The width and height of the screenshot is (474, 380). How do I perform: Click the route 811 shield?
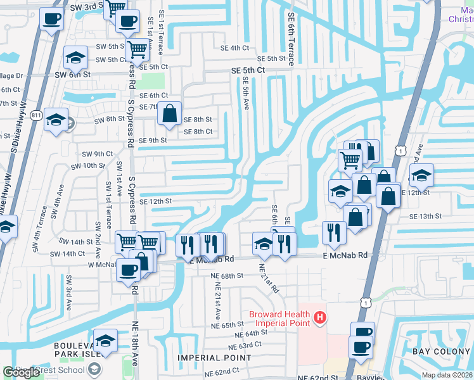pos(37,115)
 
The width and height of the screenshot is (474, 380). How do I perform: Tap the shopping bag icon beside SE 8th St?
pos(170,114)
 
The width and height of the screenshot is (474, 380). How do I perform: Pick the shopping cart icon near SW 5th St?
pos(137,49)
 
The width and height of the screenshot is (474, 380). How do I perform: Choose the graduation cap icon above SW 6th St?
pos(75,58)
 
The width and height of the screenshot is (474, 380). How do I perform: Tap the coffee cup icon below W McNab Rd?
pos(128,270)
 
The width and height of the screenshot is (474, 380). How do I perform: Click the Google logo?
pos(21,372)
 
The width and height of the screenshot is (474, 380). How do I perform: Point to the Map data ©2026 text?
pos(447,375)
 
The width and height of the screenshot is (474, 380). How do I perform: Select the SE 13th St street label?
pos(425,217)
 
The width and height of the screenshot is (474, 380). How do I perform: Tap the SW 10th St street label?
pos(88,165)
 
